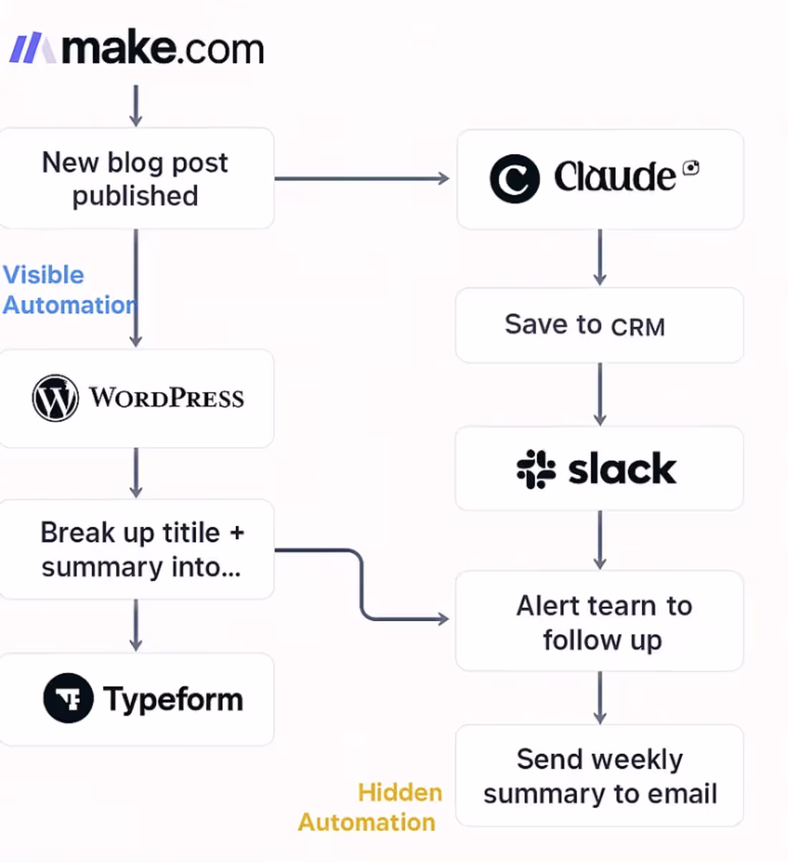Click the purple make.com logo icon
[32, 49]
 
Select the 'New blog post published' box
[135, 178]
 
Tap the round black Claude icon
[514, 178]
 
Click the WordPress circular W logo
[55, 398]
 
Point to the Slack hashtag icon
[536, 469]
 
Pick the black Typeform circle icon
[68, 698]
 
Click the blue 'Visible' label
[44, 275]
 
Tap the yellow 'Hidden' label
[400, 792]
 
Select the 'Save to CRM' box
[599, 325]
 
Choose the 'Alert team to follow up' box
[599, 621]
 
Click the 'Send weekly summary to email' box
[599, 776]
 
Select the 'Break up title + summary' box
[136, 550]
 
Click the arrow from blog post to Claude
[362, 178]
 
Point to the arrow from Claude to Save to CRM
[600, 257]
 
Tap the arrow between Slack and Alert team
[600, 540]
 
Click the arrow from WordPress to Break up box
[136, 473]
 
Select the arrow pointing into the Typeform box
[136, 625]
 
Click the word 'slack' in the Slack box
[622, 469]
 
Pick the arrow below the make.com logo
[136, 105]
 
